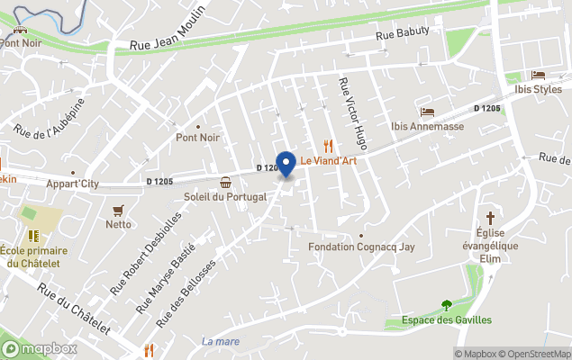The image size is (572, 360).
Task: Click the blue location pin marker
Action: (x=286, y=165)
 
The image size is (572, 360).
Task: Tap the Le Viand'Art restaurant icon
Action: (x=329, y=146)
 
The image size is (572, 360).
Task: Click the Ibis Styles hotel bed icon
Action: (x=538, y=75)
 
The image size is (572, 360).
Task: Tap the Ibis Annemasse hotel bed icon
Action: (x=427, y=112)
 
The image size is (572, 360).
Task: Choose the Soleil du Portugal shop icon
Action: (x=225, y=183)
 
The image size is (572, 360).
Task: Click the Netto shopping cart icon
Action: (x=116, y=210)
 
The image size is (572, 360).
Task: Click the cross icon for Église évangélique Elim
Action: (x=491, y=218)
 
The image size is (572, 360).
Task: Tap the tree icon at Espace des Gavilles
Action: (x=446, y=306)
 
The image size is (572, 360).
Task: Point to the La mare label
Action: (x=221, y=341)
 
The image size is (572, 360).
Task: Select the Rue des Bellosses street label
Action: (x=186, y=293)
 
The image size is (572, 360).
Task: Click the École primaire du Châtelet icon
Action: (x=32, y=236)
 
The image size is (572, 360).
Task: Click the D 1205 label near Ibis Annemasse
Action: (x=487, y=109)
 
